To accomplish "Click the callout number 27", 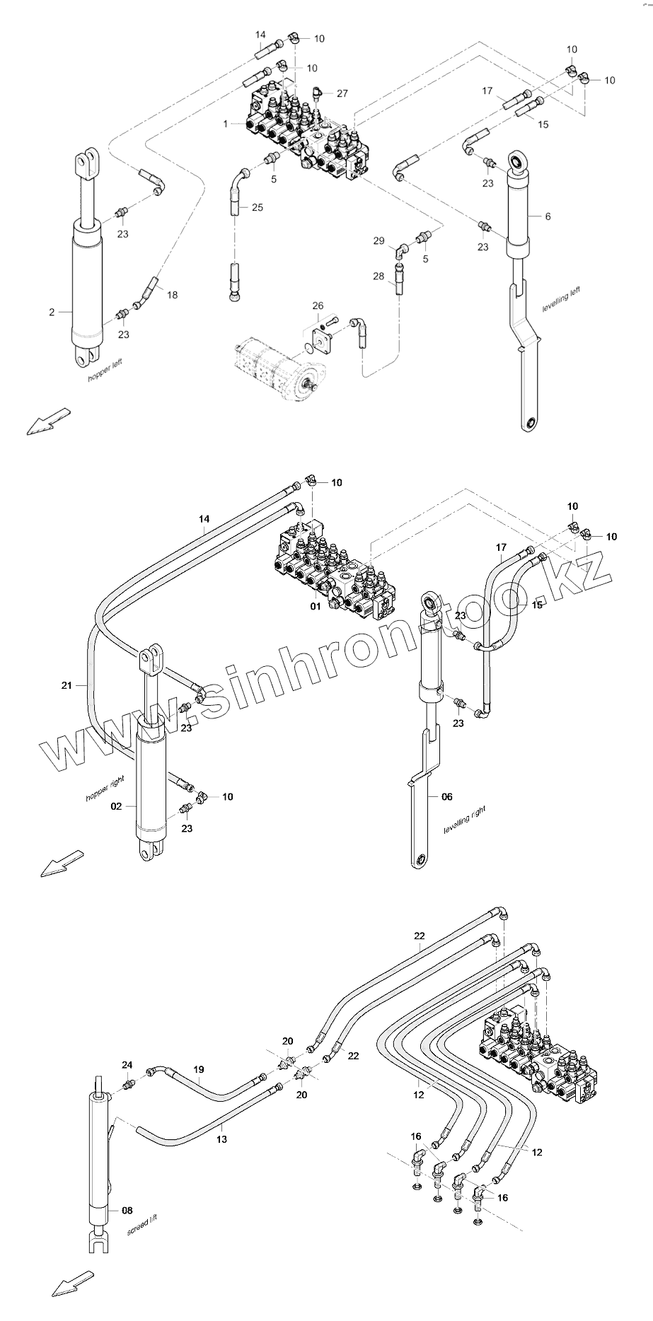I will pyautogui.click(x=342, y=93).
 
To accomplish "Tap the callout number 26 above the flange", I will pyautogui.click(x=318, y=305).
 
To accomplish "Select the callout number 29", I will pyautogui.click(x=379, y=241).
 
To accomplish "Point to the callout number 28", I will pyautogui.click(x=379, y=275).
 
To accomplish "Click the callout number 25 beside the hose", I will pyautogui.click(x=257, y=207).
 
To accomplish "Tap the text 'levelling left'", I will pyautogui.click(x=561, y=299).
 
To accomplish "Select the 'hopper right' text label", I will pyautogui.click(x=105, y=788).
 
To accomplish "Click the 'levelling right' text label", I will pyautogui.click(x=465, y=820).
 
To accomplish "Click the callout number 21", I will pyautogui.click(x=67, y=685).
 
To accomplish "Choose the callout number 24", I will pyautogui.click(x=127, y=1085).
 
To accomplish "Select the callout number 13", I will pyautogui.click(x=221, y=1139).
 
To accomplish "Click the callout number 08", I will pyautogui.click(x=127, y=1211).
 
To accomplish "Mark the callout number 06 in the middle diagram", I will pyautogui.click(x=446, y=796).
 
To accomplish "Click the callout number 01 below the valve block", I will pyautogui.click(x=316, y=606).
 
